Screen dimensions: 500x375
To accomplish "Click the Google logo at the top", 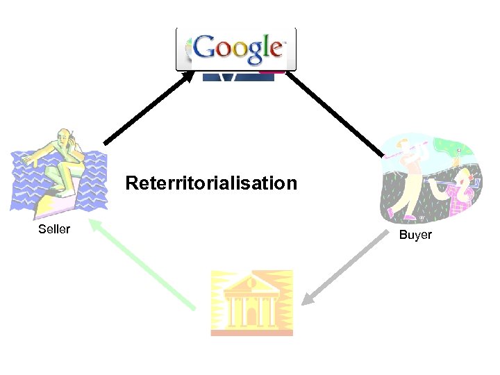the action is pyautogui.click(x=236, y=49).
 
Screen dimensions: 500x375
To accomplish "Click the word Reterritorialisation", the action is pyautogui.click(x=211, y=183).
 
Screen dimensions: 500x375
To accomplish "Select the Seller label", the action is pyautogui.click(x=54, y=229).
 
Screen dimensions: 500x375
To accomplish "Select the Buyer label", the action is pyautogui.click(x=415, y=235).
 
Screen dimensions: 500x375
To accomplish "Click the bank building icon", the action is pyautogui.click(x=251, y=303).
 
